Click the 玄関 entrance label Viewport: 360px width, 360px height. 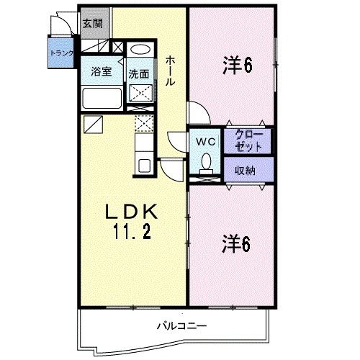tap(91, 24)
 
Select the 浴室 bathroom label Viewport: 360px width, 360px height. tap(101, 72)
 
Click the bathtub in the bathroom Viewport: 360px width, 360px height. tap(101, 97)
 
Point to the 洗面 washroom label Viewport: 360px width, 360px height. tap(138, 73)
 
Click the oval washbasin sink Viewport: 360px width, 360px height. tap(139, 51)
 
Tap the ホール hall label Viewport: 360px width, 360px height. tap(170, 71)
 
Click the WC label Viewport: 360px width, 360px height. tap(204, 141)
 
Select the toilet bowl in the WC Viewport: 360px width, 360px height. tap(206, 163)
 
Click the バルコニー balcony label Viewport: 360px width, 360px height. tap(182, 326)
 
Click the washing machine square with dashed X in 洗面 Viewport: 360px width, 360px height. tap(139, 93)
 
